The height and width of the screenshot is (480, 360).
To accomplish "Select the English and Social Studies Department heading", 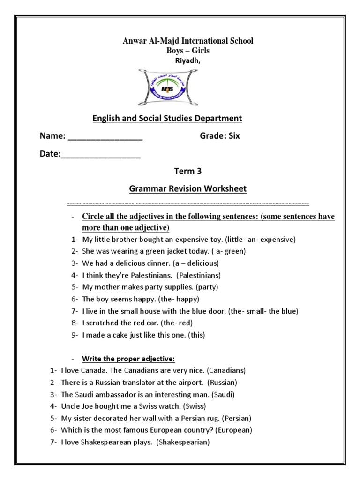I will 167,118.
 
